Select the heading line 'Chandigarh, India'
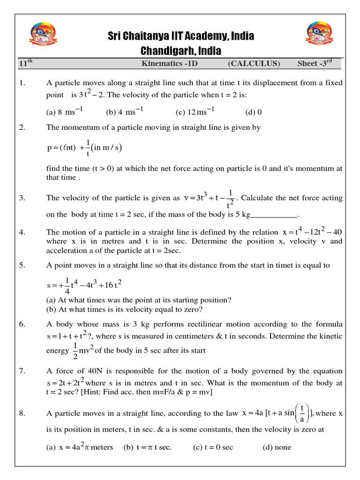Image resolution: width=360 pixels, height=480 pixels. (x=181, y=50)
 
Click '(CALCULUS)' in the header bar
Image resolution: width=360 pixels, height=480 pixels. (x=254, y=64)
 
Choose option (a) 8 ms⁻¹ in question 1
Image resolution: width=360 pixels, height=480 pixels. (x=65, y=112)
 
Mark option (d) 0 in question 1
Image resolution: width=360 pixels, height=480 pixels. (x=254, y=112)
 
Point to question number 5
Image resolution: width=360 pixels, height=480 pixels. (x=22, y=265)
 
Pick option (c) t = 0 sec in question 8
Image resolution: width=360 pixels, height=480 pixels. (x=213, y=447)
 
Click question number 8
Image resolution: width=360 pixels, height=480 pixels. (x=22, y=413)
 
